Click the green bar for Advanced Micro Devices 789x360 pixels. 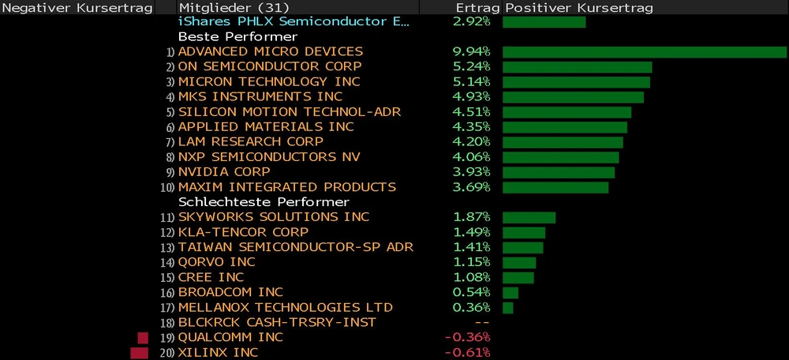click(x=644, y=52)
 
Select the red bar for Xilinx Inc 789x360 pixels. click(x=140, y=352)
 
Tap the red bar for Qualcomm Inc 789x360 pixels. click(x=144, y=338)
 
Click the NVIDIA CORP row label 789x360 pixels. click(x=224, y=172)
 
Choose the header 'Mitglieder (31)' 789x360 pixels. click(x=222, y=7)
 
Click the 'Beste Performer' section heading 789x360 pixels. click(x=237, y=37)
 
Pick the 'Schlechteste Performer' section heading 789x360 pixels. click(x=264, y=202)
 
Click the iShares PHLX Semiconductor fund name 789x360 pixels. click(x=294, y=22)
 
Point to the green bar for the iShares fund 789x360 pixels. click(x=544, y=22)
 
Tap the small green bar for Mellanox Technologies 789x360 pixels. click(x=507, y=307)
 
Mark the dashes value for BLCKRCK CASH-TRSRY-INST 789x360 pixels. click(x=483, y=322)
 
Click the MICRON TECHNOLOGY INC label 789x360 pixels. click(x=269, y=82)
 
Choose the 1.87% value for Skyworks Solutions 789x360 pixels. click(x=472, y=217)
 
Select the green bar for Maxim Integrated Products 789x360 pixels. click(x=555, y=187)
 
